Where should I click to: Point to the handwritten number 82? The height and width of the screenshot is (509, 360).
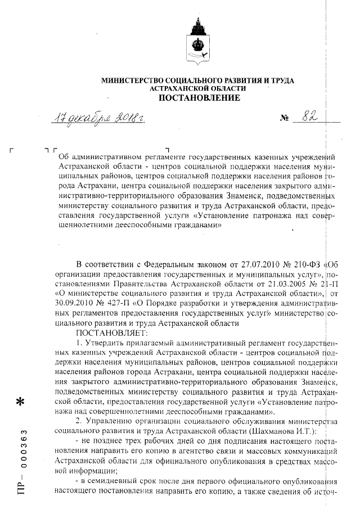(308, 117)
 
